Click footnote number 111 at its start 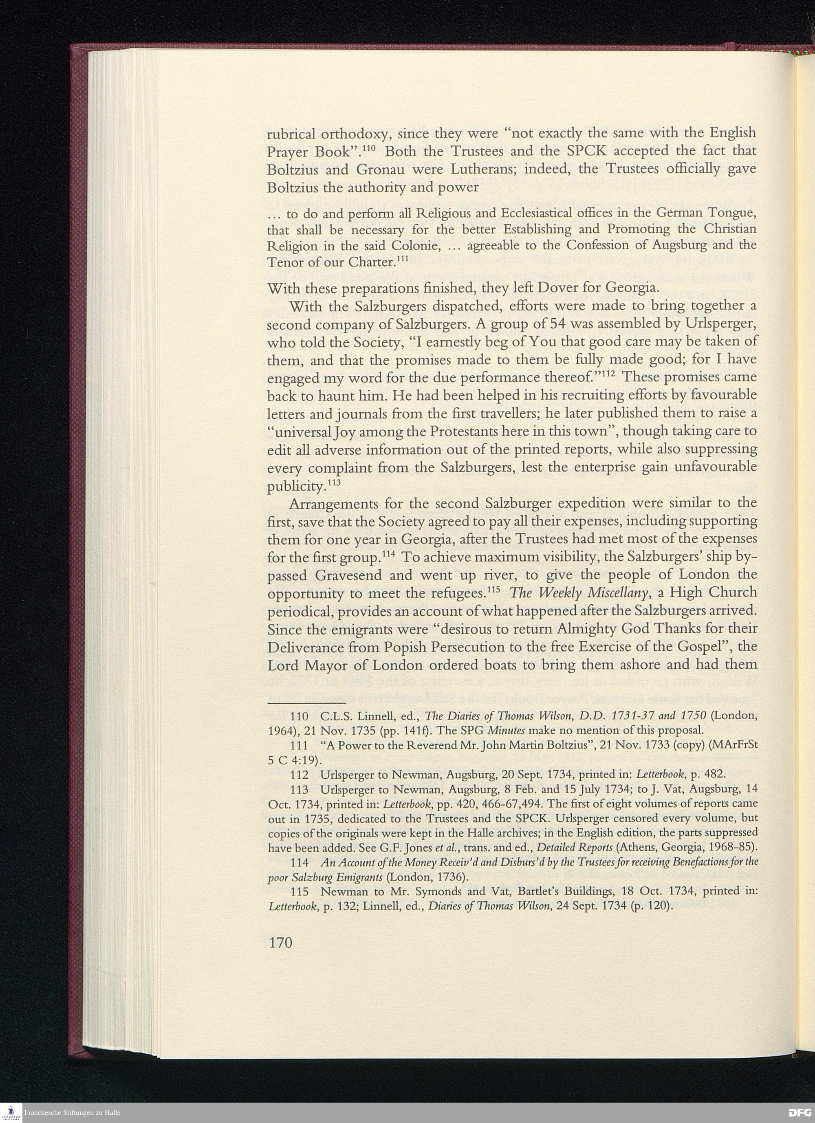coord(299,746)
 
